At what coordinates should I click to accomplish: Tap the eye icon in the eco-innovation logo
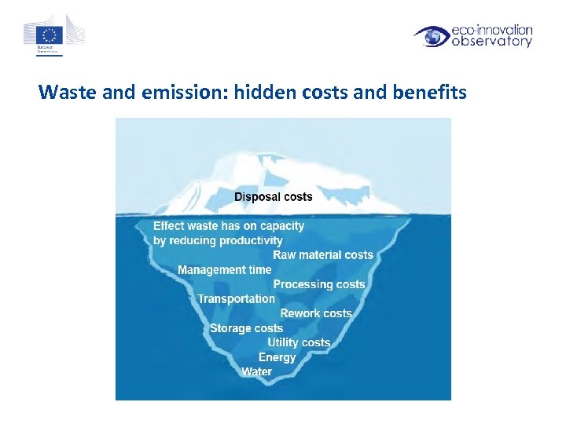pos(432,36)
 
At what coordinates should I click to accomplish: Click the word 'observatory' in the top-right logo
pos(492,42)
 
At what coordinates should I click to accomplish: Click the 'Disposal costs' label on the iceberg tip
pos(274,197)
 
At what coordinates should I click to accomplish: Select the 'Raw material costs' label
pos(323,255)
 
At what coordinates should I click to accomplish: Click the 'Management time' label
pos(224,270)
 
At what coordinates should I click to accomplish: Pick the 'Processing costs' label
pos(319,284)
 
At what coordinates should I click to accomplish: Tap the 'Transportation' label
pos(236,299)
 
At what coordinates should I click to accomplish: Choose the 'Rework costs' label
pos(316,313)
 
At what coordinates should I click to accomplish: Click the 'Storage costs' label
pos(246,328)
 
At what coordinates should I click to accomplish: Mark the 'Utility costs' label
pos(299,342)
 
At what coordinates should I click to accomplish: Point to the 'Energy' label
pos(277,357)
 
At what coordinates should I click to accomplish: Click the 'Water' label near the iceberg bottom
pos(256,371)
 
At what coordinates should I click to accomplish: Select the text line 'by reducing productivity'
pos(218,240)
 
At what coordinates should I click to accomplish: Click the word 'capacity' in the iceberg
pos(281,226)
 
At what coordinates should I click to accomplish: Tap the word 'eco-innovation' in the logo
pos(492,30)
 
